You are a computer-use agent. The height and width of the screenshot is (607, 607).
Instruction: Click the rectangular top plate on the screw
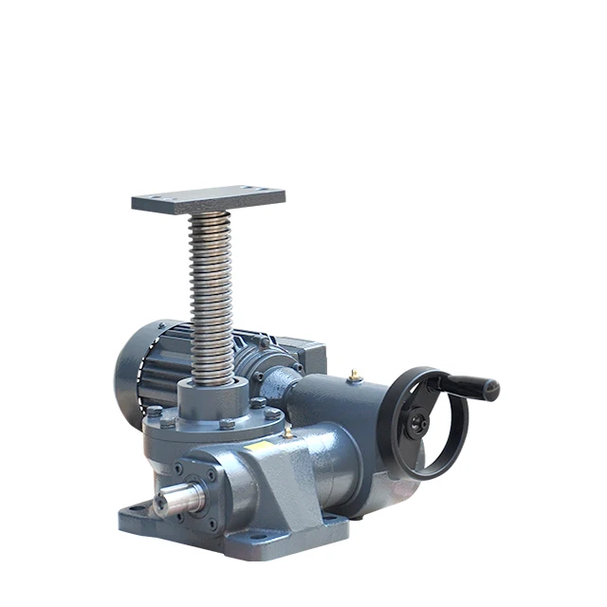208,199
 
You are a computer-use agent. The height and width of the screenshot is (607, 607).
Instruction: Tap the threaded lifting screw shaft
210,294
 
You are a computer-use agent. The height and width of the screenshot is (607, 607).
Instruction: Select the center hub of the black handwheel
417,425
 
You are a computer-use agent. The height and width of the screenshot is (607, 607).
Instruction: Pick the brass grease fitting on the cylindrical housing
356,376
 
